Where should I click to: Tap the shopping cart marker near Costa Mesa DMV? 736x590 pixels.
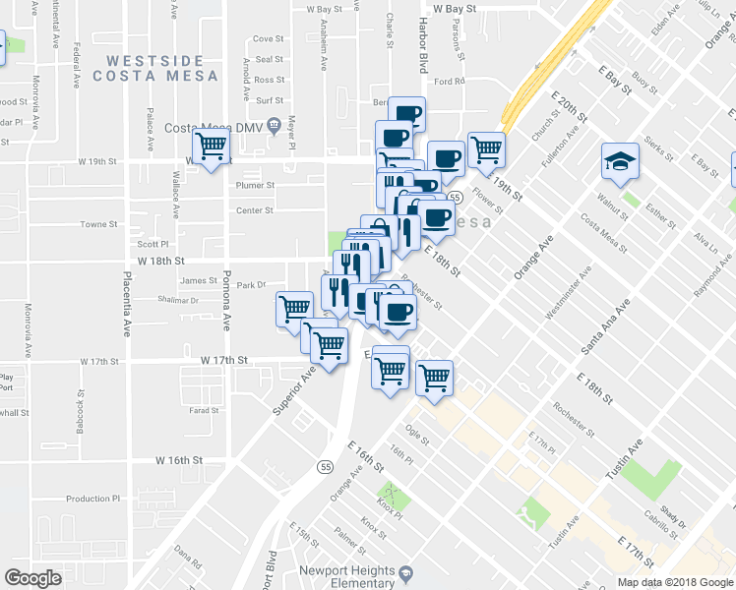tap(212, 147)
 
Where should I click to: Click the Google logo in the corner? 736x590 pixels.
tap(33, 578)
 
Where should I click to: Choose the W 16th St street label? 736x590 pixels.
tap(178, 460)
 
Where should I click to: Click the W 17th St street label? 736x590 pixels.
tap(221, 361)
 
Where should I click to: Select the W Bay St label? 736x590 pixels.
tap(454, 8)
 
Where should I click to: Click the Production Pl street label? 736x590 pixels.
tap(92, 499)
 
